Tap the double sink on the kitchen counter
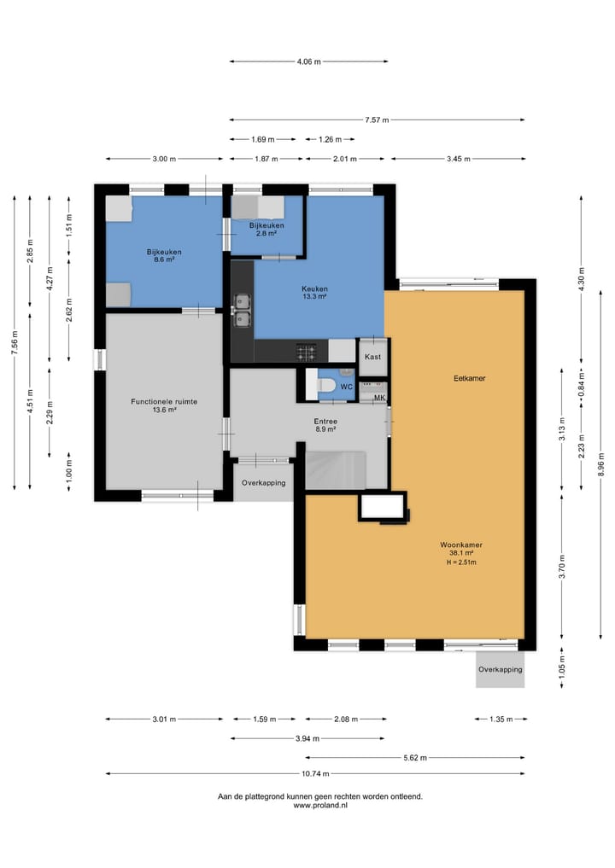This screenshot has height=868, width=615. point(242,311)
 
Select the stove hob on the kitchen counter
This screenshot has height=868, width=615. point(307,351)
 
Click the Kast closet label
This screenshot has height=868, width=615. point(373,357)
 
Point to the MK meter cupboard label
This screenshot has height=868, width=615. point(379,398)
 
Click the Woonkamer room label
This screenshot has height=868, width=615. point(461,545)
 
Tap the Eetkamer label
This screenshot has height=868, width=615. point(469,379)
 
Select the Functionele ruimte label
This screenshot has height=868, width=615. point(164,402)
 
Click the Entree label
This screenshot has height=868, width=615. point(325,422)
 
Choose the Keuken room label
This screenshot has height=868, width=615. point(314,289)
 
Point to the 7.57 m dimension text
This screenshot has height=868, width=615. point(377,119)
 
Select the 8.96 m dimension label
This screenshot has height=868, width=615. point(601,464)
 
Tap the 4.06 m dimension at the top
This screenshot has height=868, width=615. point(308,61)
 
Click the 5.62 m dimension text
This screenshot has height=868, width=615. point(415,758)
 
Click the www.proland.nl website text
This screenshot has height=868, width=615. point(320,806)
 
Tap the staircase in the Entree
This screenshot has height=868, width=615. point(335,470)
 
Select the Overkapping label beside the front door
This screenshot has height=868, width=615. point(264,483)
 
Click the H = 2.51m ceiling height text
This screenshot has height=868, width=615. point(461,562)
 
